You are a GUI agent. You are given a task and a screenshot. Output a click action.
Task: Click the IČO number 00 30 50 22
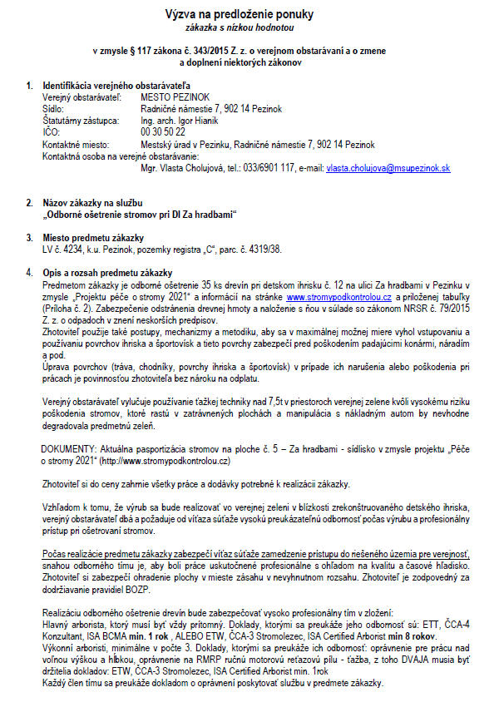coord(163,132)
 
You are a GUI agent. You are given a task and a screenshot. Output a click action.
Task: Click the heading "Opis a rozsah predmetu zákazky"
coord(107,273)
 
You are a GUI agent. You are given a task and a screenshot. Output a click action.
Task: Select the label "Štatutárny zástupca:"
coord(77,121)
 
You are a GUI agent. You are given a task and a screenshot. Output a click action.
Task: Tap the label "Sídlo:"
coord(54,109)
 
